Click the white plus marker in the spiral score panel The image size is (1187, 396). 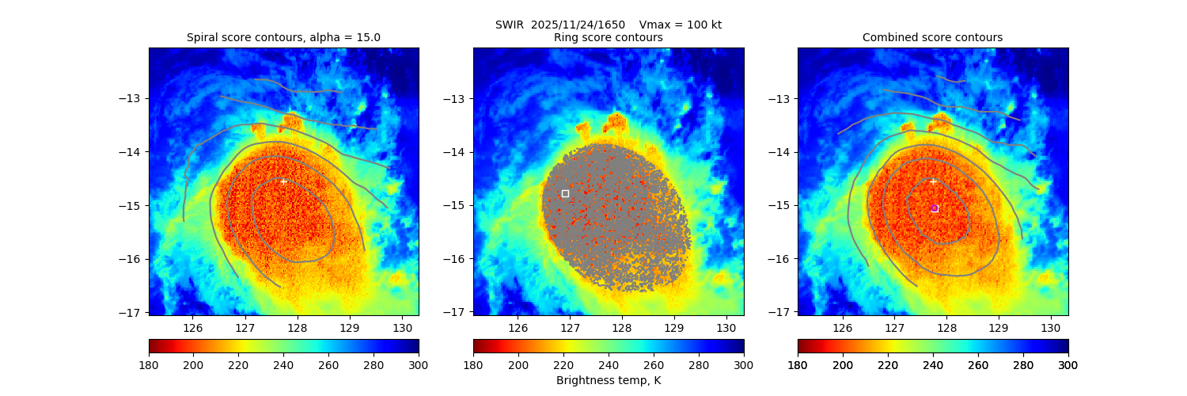[x=283, y=181]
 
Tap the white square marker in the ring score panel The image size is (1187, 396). [x=565, y=193]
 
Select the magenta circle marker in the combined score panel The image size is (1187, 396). [x=935, y=208]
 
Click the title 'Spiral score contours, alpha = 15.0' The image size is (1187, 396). [x=283, y=37]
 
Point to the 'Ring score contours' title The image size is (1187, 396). [x=608, y=37]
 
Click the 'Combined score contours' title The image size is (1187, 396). [x=932, y=37]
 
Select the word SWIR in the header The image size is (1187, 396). [x=510, y=25]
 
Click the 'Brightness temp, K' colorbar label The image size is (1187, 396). [x=608, y=381]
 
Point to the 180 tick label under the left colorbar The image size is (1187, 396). [x=149, y=364]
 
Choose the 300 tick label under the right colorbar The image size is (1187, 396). [x=1068, y=364]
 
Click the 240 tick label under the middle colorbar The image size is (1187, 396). [x=609, y=364]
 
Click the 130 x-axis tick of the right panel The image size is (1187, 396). [x=1050, y=328]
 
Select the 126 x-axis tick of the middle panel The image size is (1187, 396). [x=518, y=328]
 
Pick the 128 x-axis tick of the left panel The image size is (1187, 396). [x=298, y=328]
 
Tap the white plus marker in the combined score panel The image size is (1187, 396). [x=933, y=181]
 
